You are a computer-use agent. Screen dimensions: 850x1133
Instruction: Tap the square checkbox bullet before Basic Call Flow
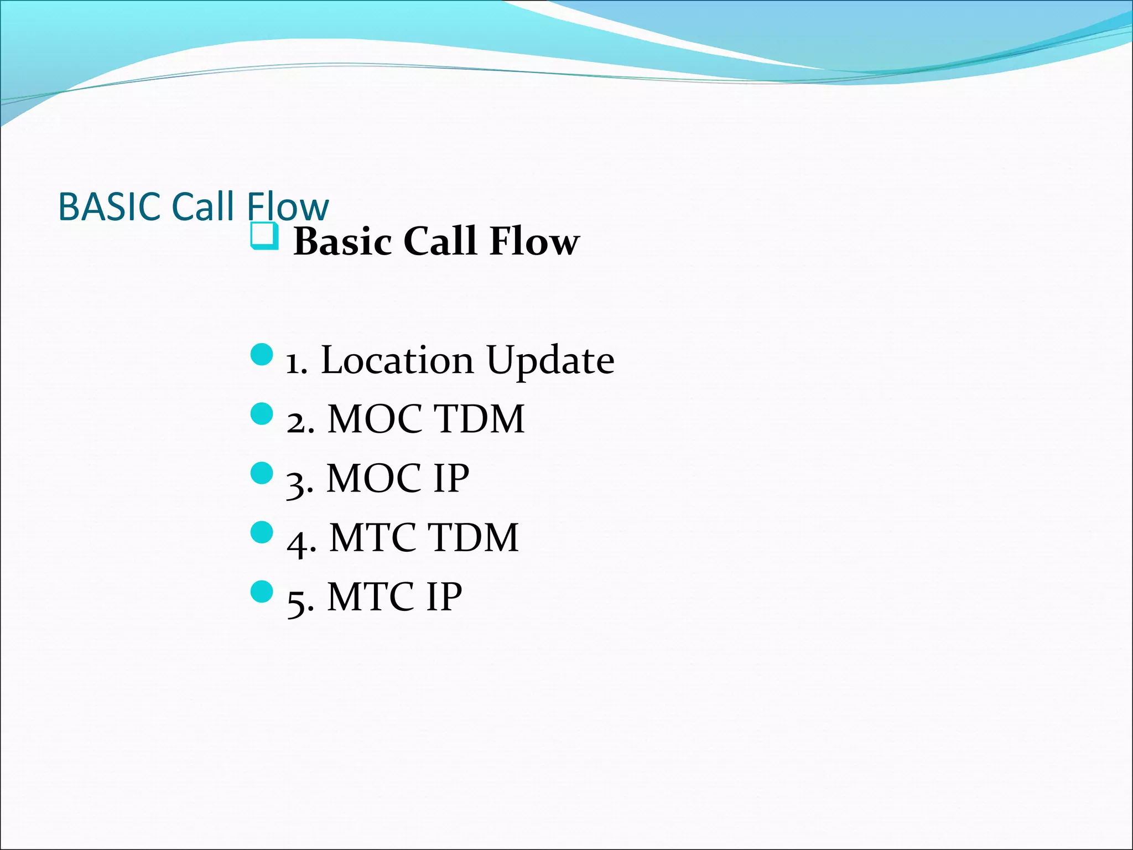[263, 236]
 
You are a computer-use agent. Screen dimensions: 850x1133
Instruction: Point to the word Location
[397, 361]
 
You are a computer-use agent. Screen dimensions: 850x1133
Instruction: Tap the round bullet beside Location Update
[262, 355]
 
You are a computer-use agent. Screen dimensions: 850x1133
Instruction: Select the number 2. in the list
[300, 423]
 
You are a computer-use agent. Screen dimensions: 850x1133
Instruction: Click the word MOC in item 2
[375, 419]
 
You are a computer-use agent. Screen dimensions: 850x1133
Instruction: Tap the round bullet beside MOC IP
[262, 473]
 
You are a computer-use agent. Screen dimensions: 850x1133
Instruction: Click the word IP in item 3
[451, 478]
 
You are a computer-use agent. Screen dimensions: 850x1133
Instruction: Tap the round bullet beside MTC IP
[262, 592]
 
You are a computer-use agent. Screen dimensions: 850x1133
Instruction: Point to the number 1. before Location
[297, 364]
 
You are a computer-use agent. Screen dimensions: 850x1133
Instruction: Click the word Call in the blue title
[203, 207]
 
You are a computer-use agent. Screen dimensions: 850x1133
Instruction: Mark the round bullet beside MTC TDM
[262, 532]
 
